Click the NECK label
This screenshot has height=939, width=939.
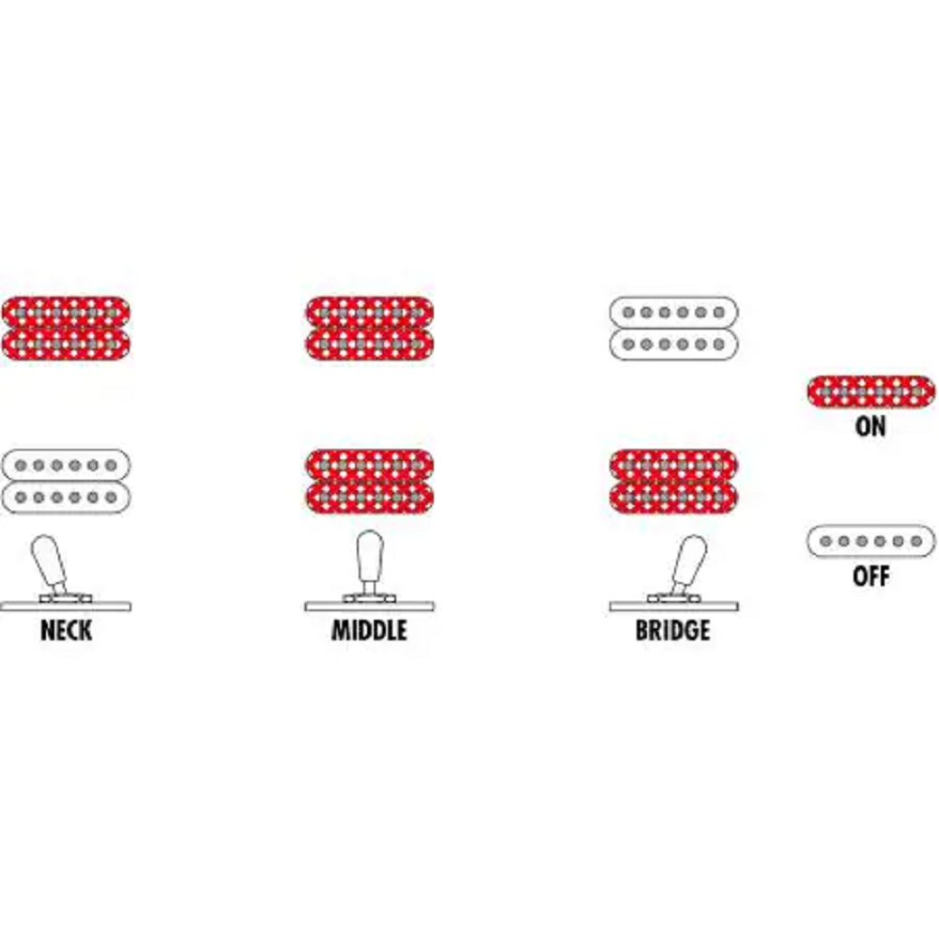click(x=66, y=630)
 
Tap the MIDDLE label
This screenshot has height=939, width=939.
click(x=369, y=630)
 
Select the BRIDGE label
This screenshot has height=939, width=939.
click(x=672, y=630)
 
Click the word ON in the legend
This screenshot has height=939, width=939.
click(x=870, y=426)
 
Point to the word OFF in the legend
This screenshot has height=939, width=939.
click(x=870, y=576)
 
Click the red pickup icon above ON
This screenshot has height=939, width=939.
click(x=870, y=391)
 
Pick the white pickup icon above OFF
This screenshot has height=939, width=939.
click(x=870, y=541)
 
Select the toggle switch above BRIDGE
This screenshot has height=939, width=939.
click(x=683, y=568)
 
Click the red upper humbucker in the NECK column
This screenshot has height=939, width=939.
click(x=66, y=327)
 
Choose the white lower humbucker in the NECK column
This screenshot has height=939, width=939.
click(x=66, y=481)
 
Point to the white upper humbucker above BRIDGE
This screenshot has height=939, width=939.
click(x=672, y=327)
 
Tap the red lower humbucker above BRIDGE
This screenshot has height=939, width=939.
click(x=672, y=481)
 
